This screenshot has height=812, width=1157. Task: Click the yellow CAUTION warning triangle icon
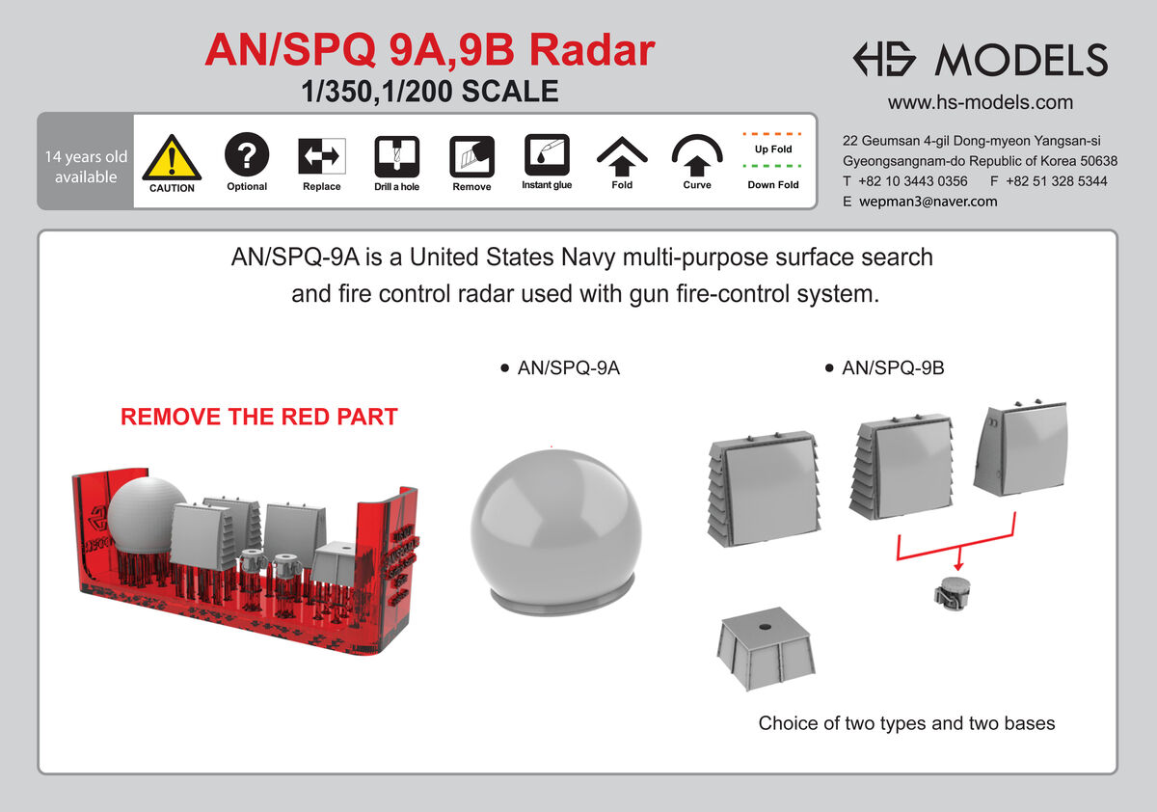[x=172, y=156]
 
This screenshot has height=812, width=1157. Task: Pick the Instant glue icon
[x=547, y=153]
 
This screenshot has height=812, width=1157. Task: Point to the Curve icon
[x=697, y=153]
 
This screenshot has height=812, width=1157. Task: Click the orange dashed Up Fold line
[x=773, y=133]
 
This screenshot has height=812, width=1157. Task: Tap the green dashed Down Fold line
[x=773, y=165]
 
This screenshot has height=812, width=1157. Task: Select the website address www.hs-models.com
[x=980, y=102]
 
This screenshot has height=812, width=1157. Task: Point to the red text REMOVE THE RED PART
[x=258, y=417]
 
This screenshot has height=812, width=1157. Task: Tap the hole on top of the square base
[x=765, y=628]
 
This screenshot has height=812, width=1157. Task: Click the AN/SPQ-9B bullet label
[x=892, y=367]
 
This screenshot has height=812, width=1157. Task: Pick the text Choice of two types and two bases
[x=906, y=723]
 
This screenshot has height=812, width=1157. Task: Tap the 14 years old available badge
[x=86, y=167]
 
